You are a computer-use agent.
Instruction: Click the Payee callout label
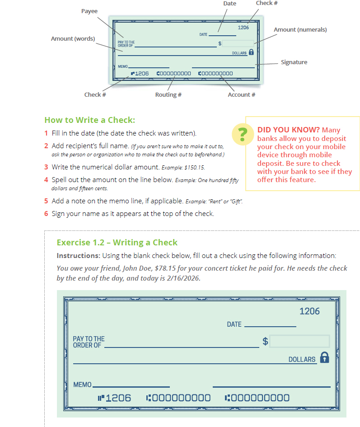point(89,11)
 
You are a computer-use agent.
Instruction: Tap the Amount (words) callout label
point(73,38)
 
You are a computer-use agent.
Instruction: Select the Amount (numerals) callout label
point(300,29)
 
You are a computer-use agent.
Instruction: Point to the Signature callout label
point(294,62)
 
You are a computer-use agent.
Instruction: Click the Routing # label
point(168,94)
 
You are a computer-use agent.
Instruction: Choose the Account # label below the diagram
point(241,94)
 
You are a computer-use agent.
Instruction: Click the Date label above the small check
point(229,3)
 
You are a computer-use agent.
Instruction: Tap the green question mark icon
point(243,135)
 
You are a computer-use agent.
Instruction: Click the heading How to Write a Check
point(90,120)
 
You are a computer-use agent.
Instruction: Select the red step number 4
point(46,179)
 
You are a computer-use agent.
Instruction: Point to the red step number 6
point(46,213)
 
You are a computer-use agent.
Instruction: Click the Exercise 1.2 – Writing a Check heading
point(117,242)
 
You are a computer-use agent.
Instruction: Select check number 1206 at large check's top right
point(309,311)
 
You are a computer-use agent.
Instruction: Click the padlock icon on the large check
point(324,357)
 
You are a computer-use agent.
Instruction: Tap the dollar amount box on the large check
point(299,341)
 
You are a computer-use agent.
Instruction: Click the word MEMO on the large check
point(82,385)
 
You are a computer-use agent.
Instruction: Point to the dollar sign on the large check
point(265,341)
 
